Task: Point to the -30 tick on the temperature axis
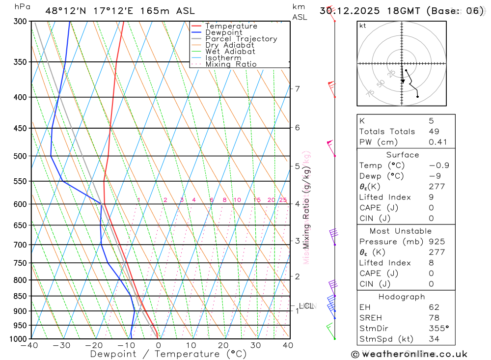pyautogui.click(x=62, y=345)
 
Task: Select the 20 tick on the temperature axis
pyautogui.click(x=223, y=345)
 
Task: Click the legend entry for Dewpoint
pyautogui.click(x=223, y=32)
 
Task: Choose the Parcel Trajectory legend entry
pyautogui.click(x=241, y=39)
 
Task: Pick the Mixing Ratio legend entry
pyautogui.click(x=230, y=64)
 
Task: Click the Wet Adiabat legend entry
pyautogui.click(x=230, y=52)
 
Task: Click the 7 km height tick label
pyautogui.click(x=297, y=89)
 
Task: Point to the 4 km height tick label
pyautogui.click(x=297, y=204)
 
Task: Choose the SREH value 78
pyautogui.click(x=434, y=318)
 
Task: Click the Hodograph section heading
pyautogui.click(x=402, y=297)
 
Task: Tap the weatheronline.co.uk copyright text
pyautogui.click(x=409, y=354)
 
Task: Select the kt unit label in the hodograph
pyautogui.click(x=363, y=26)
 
